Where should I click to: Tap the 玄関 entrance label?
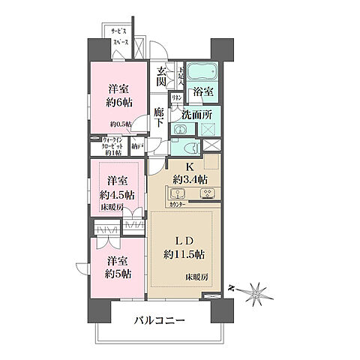163,77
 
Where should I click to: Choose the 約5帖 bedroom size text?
115,272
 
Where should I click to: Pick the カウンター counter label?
178,203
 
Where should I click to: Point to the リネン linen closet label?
178,98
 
